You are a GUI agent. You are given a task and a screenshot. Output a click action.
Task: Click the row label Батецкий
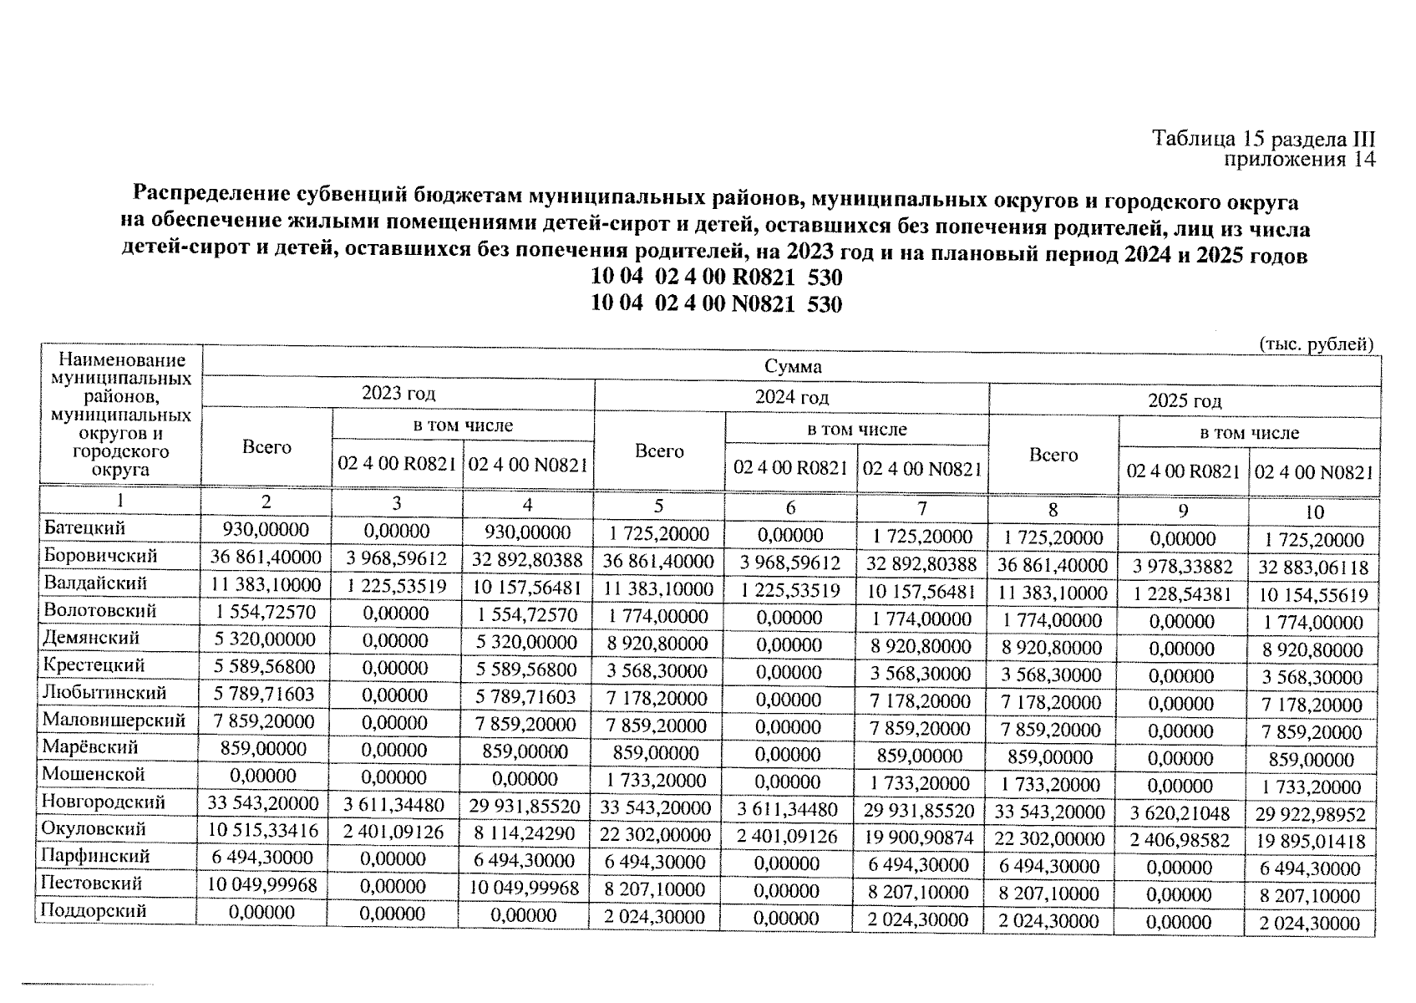[84, 528]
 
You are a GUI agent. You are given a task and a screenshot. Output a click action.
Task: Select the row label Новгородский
[104, 802]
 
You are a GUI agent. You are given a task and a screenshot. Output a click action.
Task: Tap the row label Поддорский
[94, 911]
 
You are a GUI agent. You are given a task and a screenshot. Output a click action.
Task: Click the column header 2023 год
[398, 394]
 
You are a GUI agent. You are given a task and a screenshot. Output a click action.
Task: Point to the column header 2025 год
[1184, 400]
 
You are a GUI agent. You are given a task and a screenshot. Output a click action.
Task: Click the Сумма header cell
[792, 367]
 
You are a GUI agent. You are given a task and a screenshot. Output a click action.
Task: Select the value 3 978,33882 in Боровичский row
[1182, 567]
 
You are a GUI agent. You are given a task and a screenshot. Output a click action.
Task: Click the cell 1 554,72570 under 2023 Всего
[266, 612]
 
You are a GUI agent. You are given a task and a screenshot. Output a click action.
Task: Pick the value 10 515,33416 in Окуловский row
[265, 832]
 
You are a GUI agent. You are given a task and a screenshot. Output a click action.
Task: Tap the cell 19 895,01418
[1311, 841]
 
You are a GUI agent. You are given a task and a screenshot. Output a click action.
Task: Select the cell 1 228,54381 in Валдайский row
[1182, 594]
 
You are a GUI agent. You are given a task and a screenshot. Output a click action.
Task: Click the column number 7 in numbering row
[921, 508]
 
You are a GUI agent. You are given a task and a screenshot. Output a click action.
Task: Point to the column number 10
[1313, 512]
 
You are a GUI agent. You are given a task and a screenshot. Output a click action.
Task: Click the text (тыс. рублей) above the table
[1315, 344]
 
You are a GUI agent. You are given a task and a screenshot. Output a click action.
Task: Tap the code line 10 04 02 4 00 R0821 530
[716, 277]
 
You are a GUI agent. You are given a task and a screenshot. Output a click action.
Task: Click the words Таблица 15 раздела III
[1263, 139]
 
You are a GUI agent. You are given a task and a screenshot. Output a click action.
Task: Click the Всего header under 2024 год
[659, 451]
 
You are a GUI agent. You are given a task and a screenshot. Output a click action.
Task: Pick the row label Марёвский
[90, 747]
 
